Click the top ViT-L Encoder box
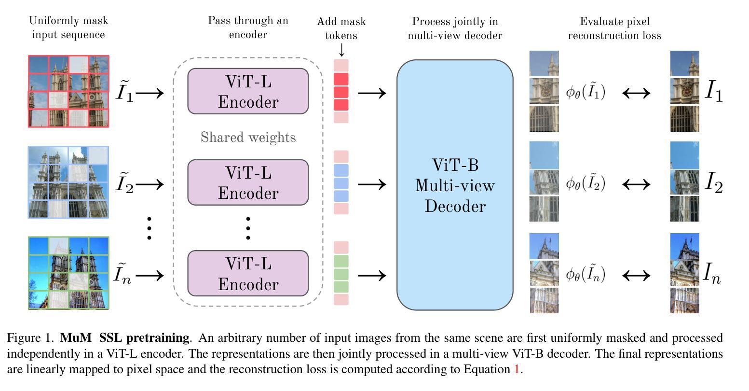[x=248, y=91]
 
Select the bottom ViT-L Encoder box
[x=248, y=273]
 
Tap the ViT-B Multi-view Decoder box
[x=454, y=185]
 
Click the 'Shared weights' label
[x=248, y=138]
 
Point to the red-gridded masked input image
[x=68, y=91]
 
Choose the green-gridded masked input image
[x=68, y=273]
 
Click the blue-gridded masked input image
[x=68, y=182]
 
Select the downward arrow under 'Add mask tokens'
[x=341, y=50]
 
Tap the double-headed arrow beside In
[x=636, y=275]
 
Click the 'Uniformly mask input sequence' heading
[x=68, y=28]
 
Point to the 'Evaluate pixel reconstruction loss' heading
[x=614, y=28]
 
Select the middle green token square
[x=341, y=274]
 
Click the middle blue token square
[x=341, y=183]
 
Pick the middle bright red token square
[x=341, y=92]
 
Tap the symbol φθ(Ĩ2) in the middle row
[x=586, y=183]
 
